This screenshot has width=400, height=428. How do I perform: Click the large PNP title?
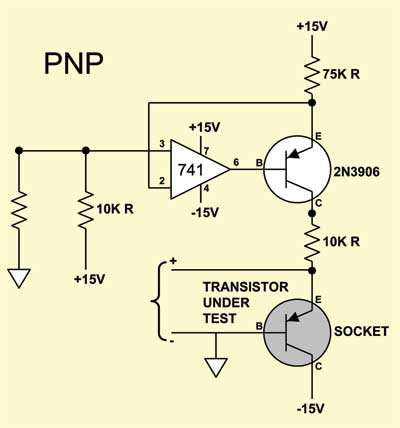[x=74, y=63]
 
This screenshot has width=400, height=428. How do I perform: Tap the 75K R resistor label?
[x=341, y=74]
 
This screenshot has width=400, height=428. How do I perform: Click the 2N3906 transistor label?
[x=357, y=172]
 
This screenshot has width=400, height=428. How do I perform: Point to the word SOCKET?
[x=361, y=331]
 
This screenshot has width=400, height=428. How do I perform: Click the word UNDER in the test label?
[x=226, y=303]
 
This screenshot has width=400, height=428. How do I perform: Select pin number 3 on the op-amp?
[x=162, y=144]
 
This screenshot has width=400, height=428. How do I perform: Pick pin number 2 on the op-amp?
[x=162, y=181]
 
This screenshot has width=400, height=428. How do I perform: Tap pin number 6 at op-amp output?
[x=236, y=162]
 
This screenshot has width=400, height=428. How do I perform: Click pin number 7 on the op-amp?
[x=206, y=151]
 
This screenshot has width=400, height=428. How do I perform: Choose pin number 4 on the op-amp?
[x=206, y=189]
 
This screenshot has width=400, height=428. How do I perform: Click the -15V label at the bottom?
[x=311, y=409]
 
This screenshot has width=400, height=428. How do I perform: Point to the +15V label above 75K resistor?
[x=312, y=26]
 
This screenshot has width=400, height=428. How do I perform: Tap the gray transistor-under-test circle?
[x=297, y=332]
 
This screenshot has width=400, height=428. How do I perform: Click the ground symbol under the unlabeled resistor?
[x=19, y=278]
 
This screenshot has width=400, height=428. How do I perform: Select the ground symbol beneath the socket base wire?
[x=216, y=367]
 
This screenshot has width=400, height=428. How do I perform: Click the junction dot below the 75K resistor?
[x=312, y=103]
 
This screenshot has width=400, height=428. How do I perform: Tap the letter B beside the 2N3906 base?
[x=259, y=163]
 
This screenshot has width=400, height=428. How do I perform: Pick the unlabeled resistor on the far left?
[x=19, y=210]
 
